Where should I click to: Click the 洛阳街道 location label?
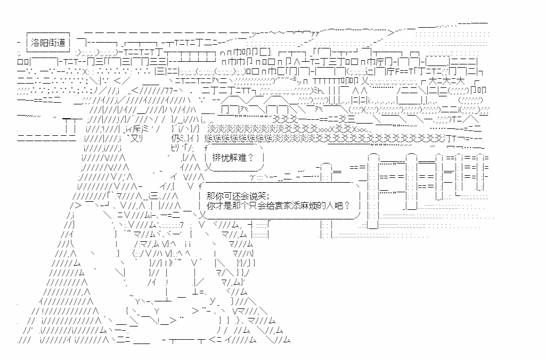tap(48, 42)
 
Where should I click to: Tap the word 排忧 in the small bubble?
tap(219, 158)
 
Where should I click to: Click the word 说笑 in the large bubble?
tap(255, 195)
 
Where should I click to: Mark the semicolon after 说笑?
tap(267, 195)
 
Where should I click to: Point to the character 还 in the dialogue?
tap(231, 195)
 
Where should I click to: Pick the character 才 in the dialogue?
tap(219, 206)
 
